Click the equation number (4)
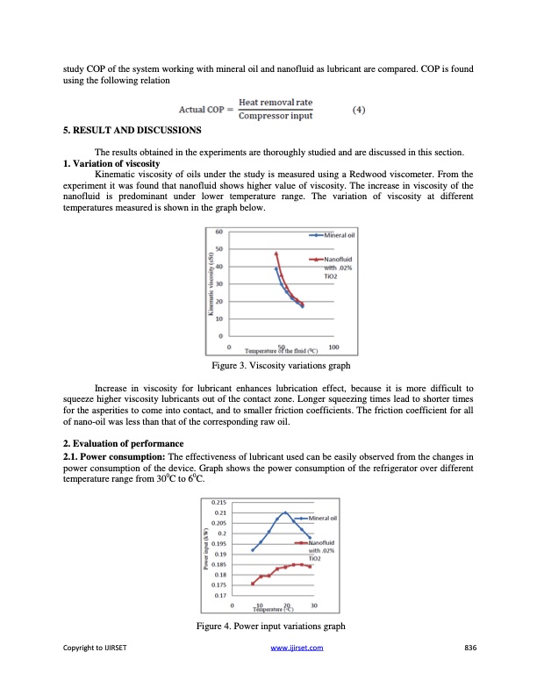(358, 111)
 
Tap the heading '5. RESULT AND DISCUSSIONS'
(132, 130)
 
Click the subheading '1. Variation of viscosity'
(112, 164)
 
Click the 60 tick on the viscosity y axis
(218, 232)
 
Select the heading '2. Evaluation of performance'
(123, 441)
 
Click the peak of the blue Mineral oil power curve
(286, 512)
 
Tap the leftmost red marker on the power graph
(253, 584)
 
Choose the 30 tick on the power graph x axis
(314, 605)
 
